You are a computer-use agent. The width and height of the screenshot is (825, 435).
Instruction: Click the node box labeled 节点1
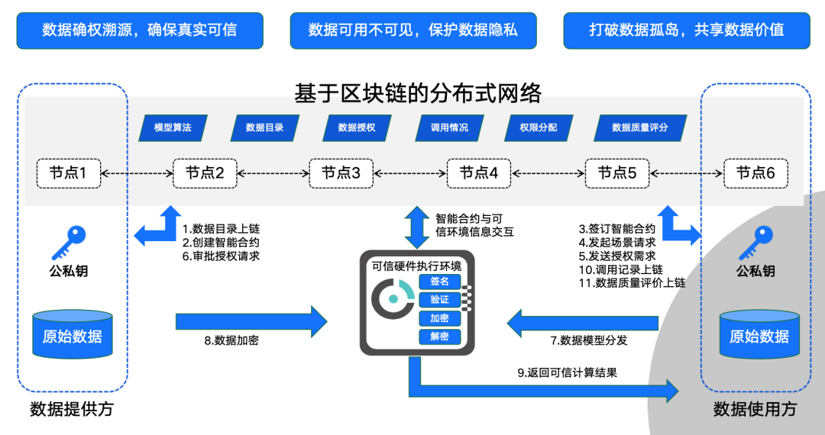tap(69, 173)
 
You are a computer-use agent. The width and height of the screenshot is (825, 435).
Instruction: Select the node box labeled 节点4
tap(479, 173)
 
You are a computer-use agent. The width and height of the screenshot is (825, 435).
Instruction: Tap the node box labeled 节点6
tap(755, 173)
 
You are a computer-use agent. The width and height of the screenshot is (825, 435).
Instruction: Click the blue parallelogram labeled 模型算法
tap(173, 127)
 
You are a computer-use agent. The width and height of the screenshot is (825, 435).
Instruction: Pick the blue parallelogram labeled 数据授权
tap(357, 127)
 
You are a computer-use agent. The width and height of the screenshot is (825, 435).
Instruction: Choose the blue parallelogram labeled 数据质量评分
tap(639, 127)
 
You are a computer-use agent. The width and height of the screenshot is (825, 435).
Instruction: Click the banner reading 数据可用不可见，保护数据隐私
tap(412, 31)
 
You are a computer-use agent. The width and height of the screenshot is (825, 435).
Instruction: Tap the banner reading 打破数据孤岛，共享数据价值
tap(686, 31)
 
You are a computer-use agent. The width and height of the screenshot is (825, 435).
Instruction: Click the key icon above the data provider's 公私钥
tap(68, 243)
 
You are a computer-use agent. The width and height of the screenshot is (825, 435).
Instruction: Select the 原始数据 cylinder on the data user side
tap(759, 334)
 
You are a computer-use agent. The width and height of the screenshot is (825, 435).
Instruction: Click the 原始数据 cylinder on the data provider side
tap(73, 334)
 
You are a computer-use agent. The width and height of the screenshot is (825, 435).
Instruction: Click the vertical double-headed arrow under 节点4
tap(418, 227)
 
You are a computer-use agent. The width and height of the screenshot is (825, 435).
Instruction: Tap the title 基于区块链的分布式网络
tap(418, 93)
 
